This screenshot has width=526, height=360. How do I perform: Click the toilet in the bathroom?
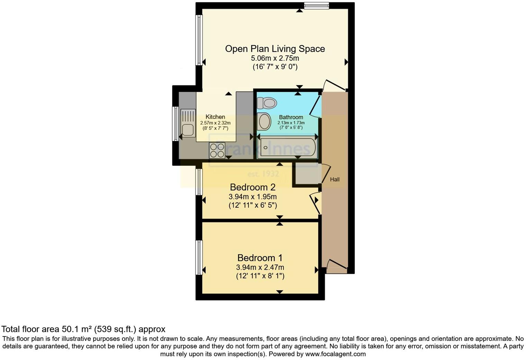coord(267,103)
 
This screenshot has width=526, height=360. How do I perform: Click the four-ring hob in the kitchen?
coord(217,150)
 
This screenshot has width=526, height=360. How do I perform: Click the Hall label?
coord(335,179)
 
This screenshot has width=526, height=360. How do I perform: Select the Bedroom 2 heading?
coord(253,187)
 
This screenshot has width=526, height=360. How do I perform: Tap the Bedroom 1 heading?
coord(260,258)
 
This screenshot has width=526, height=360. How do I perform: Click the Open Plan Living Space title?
coord(275,49)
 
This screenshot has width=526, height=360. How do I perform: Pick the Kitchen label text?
coord(215,117)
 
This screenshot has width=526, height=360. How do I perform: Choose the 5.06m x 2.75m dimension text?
coord(275,58)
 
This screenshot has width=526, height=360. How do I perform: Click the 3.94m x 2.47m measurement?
coord(260,267)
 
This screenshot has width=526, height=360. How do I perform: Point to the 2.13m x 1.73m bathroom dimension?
coord(291,123)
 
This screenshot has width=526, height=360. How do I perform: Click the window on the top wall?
coord(316,5)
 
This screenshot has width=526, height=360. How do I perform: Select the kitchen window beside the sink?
coord(175,124)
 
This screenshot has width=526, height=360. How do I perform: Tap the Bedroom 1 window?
coord(199,257)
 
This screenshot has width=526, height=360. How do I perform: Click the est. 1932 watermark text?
coord(263,174)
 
